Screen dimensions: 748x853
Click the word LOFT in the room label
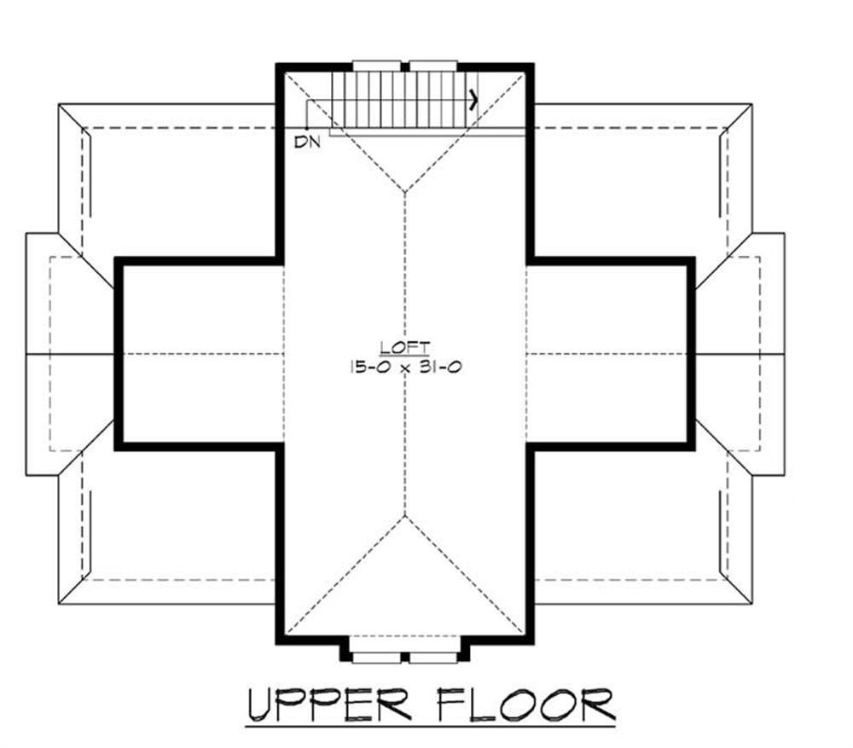pos(405,347)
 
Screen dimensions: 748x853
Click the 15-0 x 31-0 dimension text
pos(405,368)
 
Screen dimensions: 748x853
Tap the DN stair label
pos(307,142)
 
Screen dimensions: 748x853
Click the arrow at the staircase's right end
pos(472,100)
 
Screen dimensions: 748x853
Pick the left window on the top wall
pos(376,65)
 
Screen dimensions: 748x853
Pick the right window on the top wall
pos(434,65)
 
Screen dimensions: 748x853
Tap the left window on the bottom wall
pos(377,657)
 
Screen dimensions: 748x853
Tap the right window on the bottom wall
pos(434,657)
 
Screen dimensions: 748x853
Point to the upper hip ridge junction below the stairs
pos(406,192)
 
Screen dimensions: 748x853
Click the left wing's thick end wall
pos(118,353)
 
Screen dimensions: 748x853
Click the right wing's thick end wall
pos(693,353)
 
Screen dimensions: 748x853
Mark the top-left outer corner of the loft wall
pos(277,65)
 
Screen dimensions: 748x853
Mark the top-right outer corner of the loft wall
pos(532,65)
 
